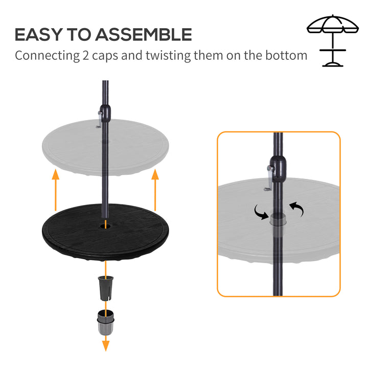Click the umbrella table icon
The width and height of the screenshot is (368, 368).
point(333,41)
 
